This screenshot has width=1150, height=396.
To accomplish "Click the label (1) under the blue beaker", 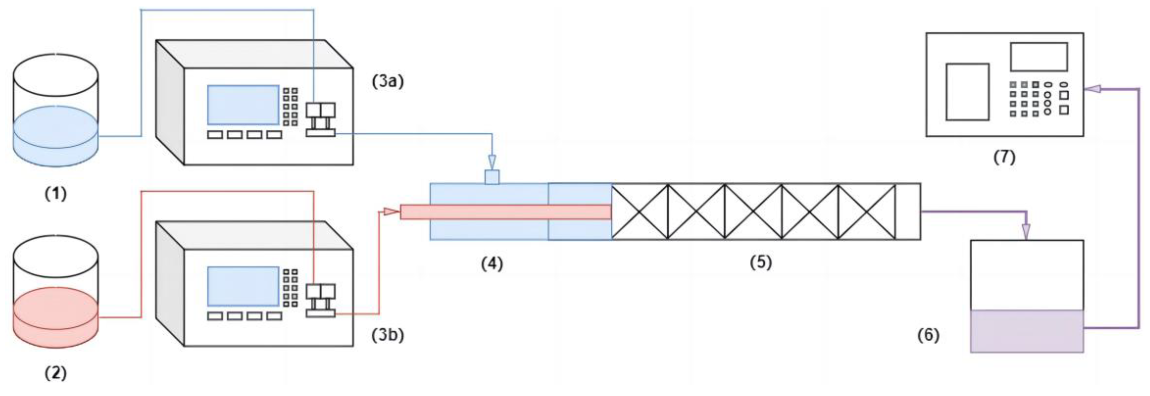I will (56, 194).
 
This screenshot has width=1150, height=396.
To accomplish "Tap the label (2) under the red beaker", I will (56, 373).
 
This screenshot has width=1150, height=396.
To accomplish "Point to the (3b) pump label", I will (387, 335).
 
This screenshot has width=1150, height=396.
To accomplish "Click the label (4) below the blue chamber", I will (492, 264).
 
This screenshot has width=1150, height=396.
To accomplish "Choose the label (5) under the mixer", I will (761, 262).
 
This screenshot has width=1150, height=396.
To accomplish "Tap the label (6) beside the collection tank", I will (928, 335).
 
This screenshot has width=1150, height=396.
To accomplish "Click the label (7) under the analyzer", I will (1004, 157).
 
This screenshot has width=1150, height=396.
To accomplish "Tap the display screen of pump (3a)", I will (243, 105).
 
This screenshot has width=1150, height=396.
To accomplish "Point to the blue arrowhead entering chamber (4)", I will (492, 160).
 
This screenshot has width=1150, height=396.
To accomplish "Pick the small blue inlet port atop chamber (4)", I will (492, 177).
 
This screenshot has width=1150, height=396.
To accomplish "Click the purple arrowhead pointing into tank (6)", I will (1026, 231).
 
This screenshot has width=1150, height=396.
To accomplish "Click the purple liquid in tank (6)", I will (1027, 331).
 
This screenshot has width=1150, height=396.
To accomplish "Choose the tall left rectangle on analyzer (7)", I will (967, 92).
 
